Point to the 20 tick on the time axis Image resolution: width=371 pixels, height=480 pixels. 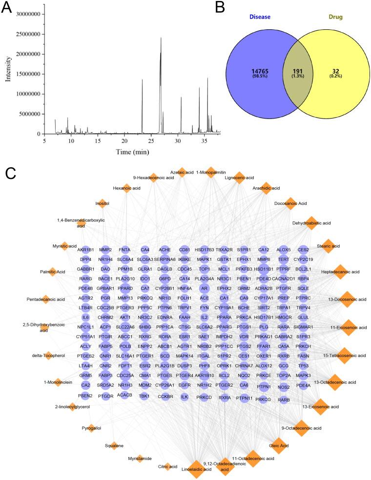click(124, 140)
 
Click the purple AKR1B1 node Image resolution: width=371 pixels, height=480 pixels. click(85, 250)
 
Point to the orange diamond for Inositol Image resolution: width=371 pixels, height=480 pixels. click(102, 203)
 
